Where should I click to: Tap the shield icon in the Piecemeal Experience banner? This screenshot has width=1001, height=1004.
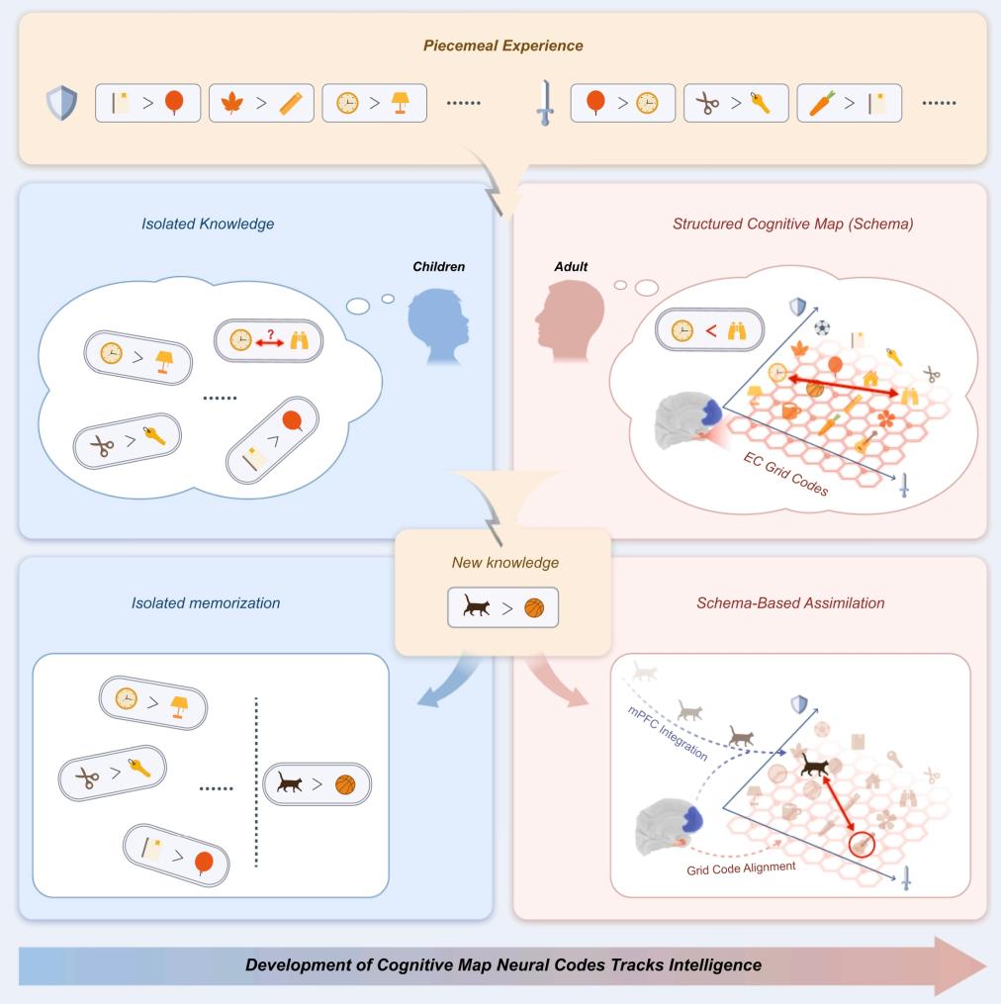pos(61,102)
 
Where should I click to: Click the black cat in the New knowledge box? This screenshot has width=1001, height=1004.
pos(475,606)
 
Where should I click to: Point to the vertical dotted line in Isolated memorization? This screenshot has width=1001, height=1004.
pos(257,781)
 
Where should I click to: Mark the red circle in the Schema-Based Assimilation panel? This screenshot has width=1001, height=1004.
pos(862,844)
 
